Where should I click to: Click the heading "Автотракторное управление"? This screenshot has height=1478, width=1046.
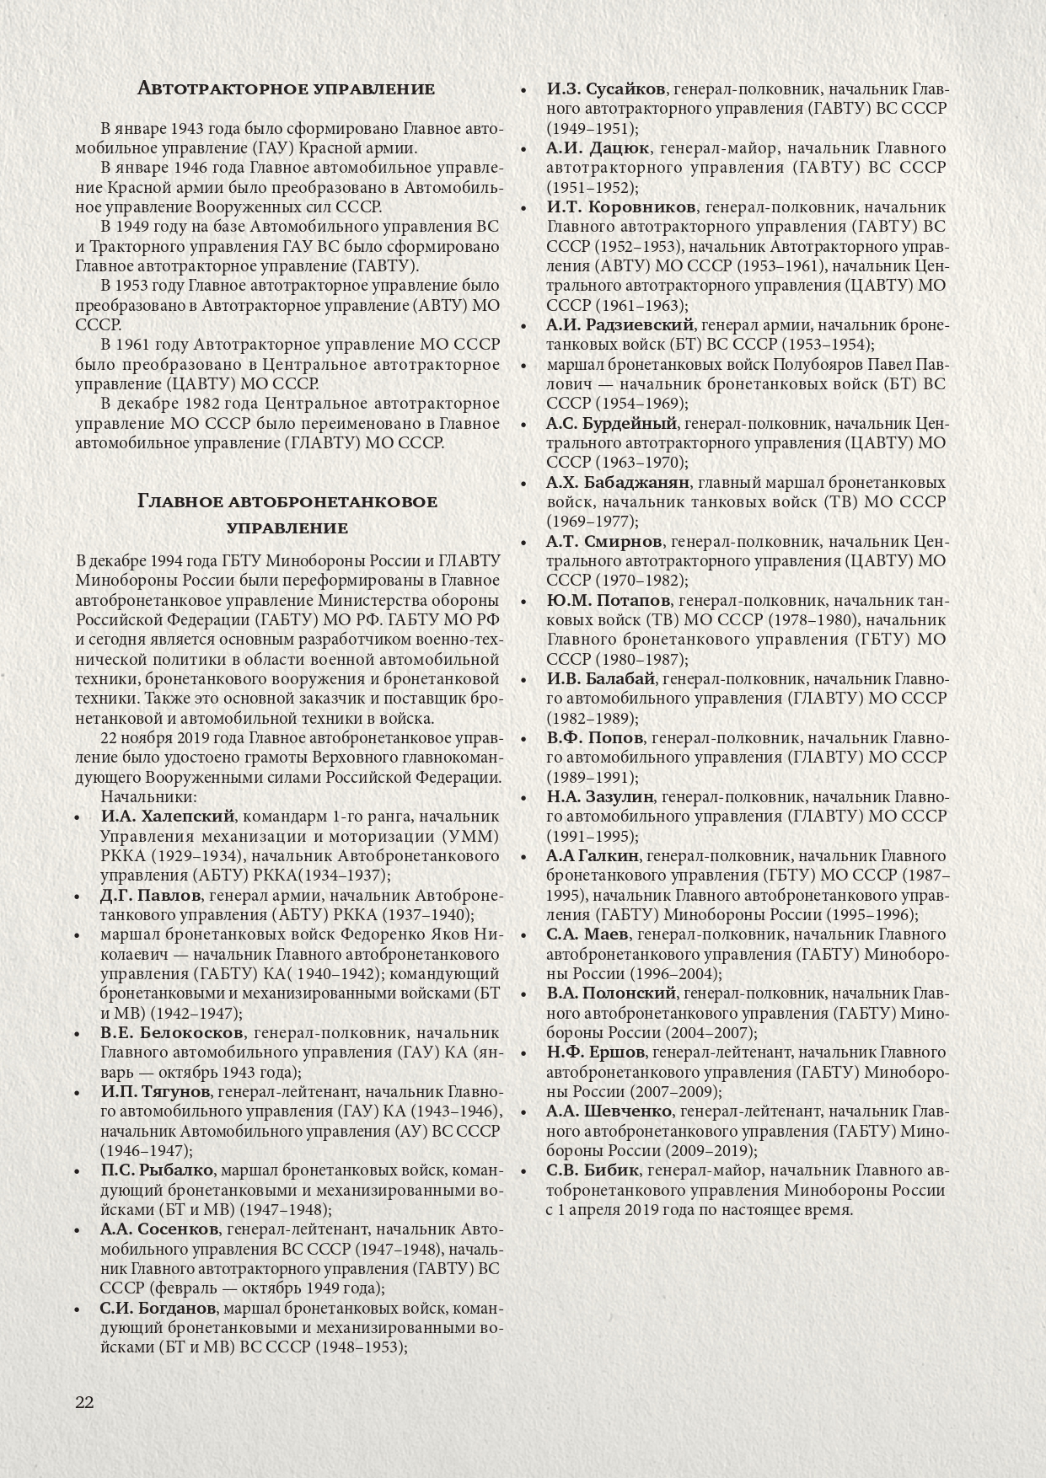(286, 88)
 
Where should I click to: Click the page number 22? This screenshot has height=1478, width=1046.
(85, 1402)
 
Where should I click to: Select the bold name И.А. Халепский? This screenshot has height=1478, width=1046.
(167, 817)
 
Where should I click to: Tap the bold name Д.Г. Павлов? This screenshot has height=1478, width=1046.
(150, 895)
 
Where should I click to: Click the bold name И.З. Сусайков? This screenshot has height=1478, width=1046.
(606, 89)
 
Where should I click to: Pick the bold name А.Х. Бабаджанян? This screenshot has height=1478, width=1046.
(618, 483)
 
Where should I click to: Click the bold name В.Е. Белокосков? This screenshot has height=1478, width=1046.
(172, 1033)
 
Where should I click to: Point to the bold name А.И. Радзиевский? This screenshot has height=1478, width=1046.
(620, 325)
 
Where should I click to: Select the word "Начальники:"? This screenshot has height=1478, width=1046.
(148, 797)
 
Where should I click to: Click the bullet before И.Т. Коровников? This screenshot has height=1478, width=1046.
(523, 208)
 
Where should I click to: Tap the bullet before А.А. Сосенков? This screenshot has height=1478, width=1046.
(78, 1230)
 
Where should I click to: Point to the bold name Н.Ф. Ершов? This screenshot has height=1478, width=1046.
(595, 1052)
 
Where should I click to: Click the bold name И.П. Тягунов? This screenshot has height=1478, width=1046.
(154, 1092)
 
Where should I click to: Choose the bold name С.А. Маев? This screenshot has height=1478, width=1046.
(587, 934)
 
